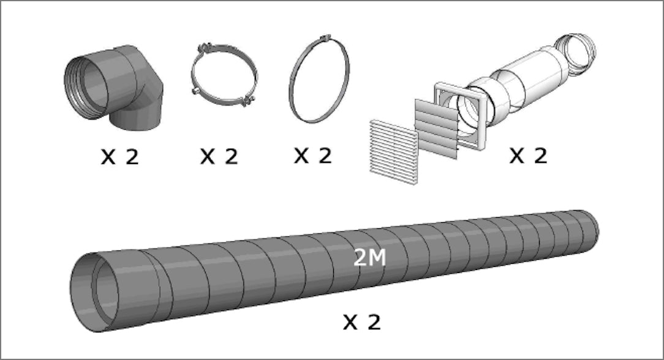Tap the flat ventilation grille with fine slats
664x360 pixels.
(394, 152)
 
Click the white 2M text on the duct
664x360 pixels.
(370, 258)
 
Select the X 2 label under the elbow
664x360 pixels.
(120, 157)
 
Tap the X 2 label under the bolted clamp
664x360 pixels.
(219, 156)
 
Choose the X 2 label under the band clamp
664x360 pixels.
(313, 156)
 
